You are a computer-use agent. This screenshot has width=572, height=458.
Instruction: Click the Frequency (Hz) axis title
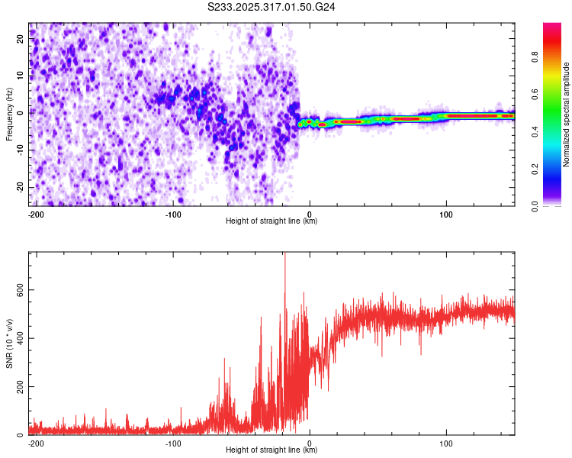click(9, 114)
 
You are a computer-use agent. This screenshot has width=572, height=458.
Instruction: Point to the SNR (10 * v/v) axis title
click(9, 343)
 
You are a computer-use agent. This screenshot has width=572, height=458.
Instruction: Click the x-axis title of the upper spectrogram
click(272, 221)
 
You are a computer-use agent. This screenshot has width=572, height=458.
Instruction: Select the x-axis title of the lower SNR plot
click(272, 450)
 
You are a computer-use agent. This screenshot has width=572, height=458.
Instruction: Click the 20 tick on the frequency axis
click(21, 37)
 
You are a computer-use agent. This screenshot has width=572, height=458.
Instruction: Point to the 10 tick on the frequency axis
click(21, 74)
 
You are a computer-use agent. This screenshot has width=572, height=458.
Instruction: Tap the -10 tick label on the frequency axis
click(19, 150)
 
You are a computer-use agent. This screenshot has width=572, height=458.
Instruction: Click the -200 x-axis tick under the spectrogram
click(35, 213)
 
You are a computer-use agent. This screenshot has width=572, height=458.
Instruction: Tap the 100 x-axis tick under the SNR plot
click(446, 442)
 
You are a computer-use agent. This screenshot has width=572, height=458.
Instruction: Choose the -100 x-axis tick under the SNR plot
click(172, 442)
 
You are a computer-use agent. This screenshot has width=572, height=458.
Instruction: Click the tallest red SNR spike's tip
click(284, 254)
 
